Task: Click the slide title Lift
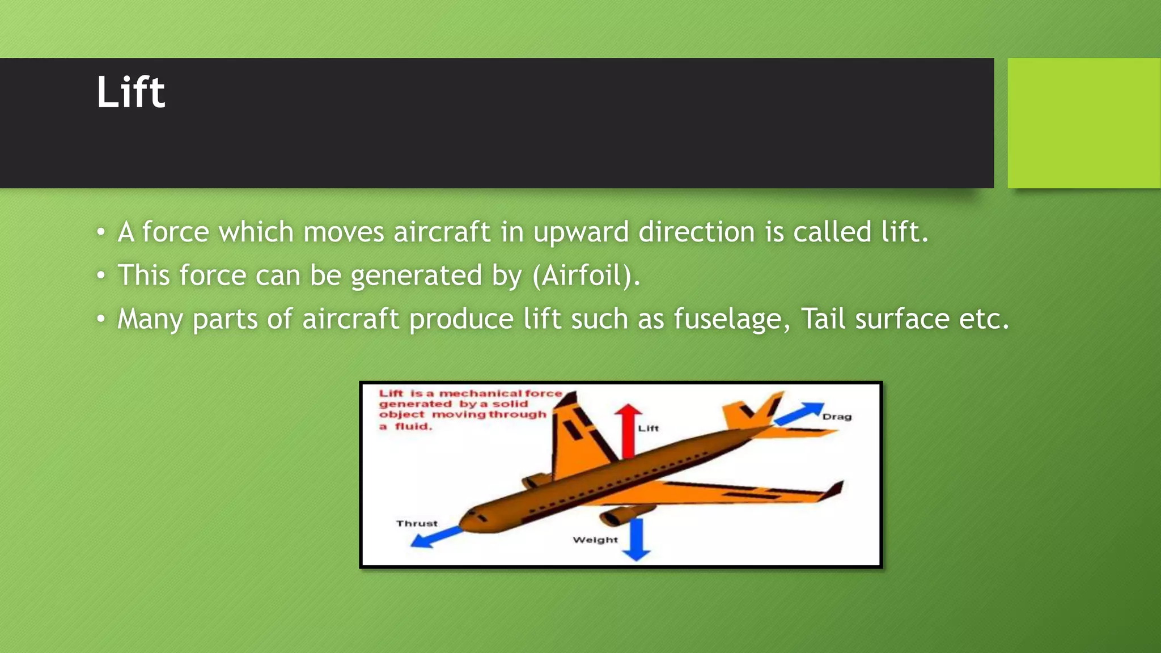point(130,92)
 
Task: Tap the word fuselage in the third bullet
point(731,319)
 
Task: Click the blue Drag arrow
point(799,413)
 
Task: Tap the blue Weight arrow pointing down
point(638,538)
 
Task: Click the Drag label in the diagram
point(837,417)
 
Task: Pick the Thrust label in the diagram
point(417,523)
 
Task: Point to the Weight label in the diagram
point(595,540)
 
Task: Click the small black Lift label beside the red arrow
point(648,429)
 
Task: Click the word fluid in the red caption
point(413,426)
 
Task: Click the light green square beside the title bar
point(1083,122)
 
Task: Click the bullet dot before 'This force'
point(101,276)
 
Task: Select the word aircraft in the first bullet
point(442,232)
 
